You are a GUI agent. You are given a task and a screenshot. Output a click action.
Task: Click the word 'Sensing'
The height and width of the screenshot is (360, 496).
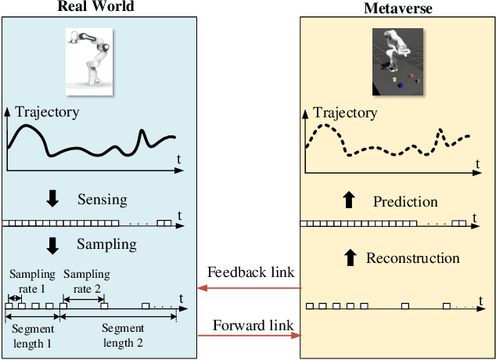point(101,200)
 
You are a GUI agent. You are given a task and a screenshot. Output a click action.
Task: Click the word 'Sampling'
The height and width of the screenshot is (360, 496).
point(106,244)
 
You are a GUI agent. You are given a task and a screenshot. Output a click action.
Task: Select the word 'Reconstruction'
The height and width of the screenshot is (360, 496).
point(412,257)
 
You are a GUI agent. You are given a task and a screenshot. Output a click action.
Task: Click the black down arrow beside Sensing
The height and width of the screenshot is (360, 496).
point(52,200)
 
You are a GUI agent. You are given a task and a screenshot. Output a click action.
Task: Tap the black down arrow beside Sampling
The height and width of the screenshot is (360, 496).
point(52,245)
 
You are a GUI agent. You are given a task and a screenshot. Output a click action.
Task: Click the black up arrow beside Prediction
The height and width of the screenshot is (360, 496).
point(349,201)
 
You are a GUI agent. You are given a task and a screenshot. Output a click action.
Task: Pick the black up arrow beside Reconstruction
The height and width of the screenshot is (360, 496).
point(349,257)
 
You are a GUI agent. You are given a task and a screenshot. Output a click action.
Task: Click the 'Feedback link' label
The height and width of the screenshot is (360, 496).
point(250,272)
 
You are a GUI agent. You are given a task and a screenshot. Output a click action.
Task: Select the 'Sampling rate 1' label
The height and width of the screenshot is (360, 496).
point(33,280)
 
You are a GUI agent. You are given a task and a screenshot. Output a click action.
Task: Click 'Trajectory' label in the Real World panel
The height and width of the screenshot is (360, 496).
point(47,112)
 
